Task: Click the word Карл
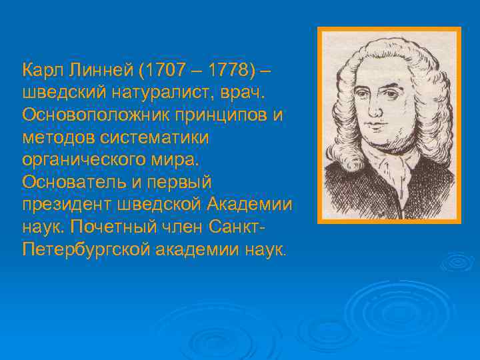[x=41, y=69]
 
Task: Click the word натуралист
[x=139, y=92]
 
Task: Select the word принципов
[x=217, y=115]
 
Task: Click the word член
[x=181, y=228]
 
